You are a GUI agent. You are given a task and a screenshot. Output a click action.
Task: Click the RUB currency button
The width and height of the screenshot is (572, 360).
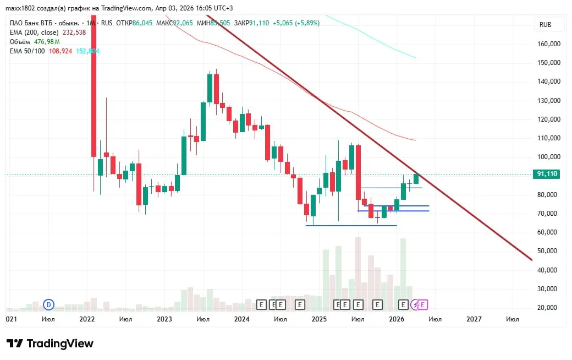pos(545,25)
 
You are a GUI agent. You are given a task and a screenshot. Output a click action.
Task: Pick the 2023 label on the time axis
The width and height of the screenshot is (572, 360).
pos(164,319)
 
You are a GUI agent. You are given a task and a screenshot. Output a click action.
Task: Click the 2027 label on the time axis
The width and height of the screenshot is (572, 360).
pos(474,319)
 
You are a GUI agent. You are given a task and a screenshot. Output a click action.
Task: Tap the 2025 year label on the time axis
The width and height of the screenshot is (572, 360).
pos(319,319)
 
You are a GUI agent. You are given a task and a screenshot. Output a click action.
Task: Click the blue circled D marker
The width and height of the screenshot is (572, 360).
pos(49,304)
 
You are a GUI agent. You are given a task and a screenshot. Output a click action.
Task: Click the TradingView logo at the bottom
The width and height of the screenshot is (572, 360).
pos(50,343)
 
